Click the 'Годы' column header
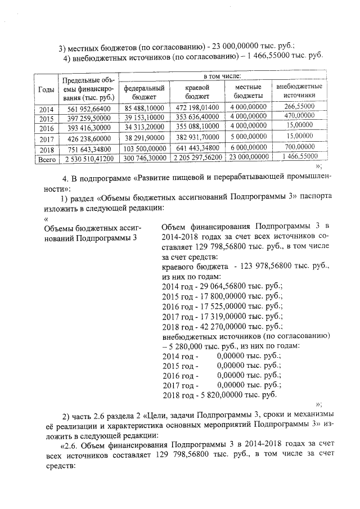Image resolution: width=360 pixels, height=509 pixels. [x=46, y=89]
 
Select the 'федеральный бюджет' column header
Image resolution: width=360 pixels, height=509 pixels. [x=144, y=92]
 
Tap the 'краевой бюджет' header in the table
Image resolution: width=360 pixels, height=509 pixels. [x=196, y=92]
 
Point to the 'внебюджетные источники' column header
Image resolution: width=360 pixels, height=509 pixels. [x=299, y=91]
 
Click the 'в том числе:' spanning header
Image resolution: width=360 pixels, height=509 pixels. [x=222, y=76]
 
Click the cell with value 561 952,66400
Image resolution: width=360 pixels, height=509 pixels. [x=87, y=109]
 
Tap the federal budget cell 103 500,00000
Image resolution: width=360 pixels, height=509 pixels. [x=144, y=149]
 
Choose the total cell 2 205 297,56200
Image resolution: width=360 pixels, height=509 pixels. [x=196, y=159]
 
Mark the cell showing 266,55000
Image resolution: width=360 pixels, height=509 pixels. [x=299, y=106]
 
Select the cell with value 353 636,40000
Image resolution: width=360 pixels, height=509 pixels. [x=196, y=117]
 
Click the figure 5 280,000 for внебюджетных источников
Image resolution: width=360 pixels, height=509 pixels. [x=186, y=345]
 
